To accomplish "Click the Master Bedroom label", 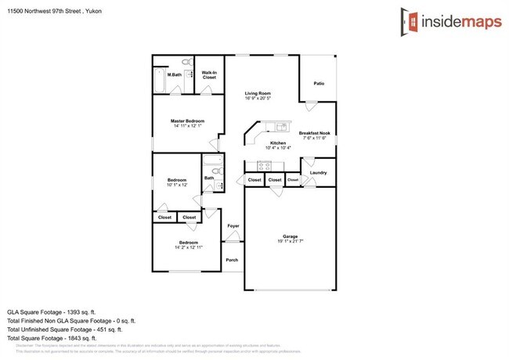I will [x=188, y=121].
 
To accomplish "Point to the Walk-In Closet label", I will [x=209, y=76].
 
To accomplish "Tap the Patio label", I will [x=319, y=83].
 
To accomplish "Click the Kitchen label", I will [x=278, y=143].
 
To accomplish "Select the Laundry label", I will [x=318, y=172].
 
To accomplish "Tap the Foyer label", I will [x=233, y=226].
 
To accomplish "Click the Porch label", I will [x=232, y=260].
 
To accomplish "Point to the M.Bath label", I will [x=174, y=75].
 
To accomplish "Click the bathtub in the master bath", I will [x=160, y=81].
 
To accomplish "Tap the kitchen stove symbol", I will [x=263, y=165].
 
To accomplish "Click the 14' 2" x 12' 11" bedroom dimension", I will [x=188, y=247].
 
